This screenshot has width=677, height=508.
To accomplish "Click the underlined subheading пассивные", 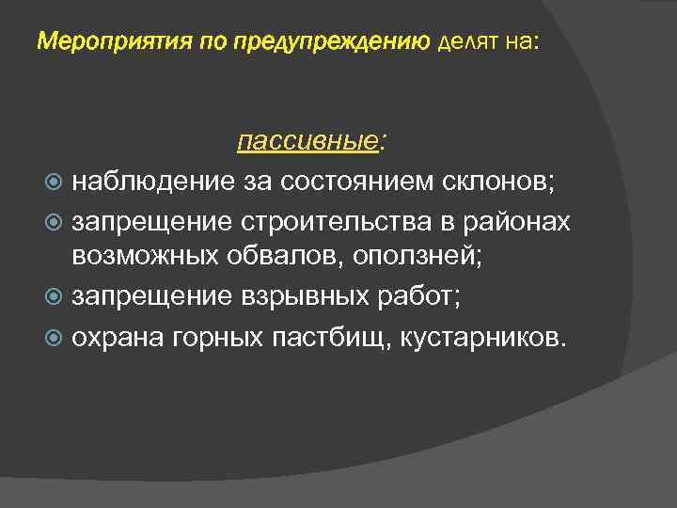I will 307,141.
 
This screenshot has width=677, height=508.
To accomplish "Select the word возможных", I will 149,258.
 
